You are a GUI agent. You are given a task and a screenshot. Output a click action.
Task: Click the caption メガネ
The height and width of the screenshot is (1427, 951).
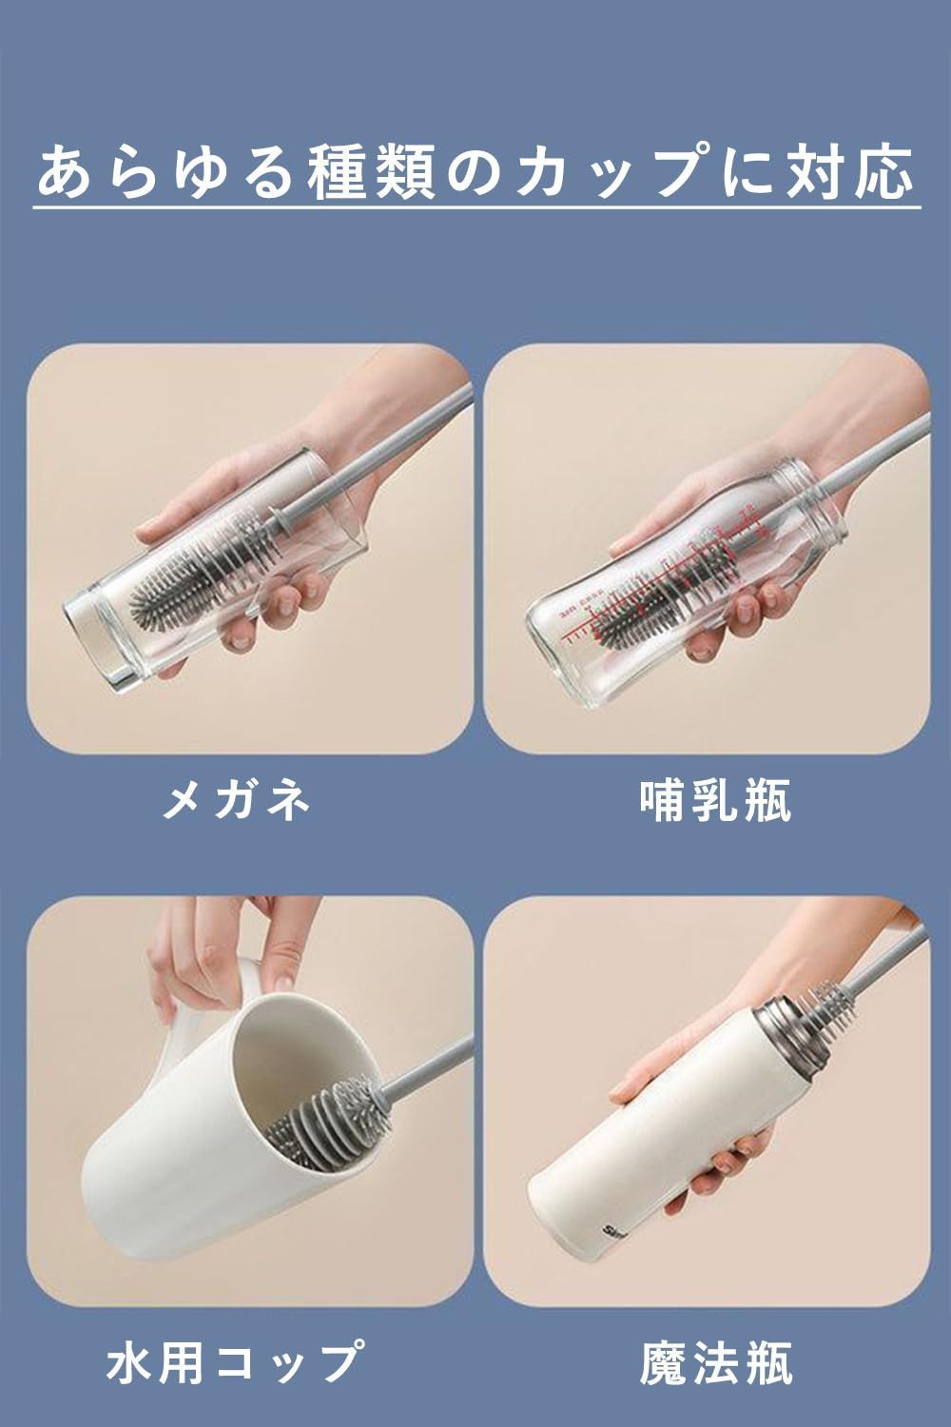coord(236,801)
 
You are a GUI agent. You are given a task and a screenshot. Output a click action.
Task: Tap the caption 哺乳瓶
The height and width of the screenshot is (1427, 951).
coord(715,801)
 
